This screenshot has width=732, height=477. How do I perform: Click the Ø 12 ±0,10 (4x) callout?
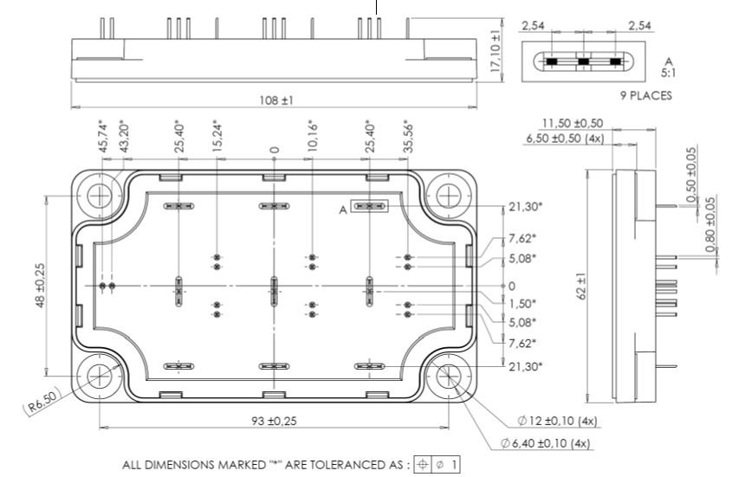coord(558,422)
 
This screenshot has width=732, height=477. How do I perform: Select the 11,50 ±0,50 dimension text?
coord(573,123)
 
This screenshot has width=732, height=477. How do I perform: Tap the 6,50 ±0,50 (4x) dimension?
coord(565,139)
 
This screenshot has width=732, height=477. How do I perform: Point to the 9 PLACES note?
coord(640,95)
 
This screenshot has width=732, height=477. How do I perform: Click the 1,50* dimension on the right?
coord(521,304)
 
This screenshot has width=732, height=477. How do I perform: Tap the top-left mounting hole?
coord(101,194)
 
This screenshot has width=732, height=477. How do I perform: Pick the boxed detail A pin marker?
coord(372,207)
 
